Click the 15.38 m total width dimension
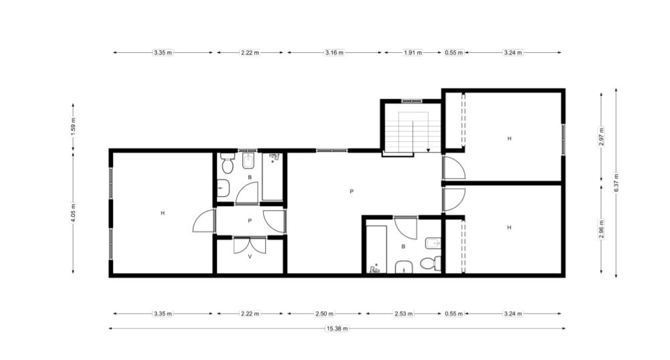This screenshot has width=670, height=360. pos(337,329)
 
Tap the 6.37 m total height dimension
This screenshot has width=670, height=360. pos(616,183)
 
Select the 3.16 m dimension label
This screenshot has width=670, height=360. pos(334,52)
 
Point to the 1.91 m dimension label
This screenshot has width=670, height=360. pos(413,52)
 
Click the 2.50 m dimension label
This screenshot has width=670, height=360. pos(325,313)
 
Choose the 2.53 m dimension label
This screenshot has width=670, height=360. pos(404,313)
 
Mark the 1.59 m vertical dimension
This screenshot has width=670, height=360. pos(73,127)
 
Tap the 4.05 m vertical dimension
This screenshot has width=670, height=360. pos(73,212)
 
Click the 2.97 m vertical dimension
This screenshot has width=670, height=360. pos(602,137)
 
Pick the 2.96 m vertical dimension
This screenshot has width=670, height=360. pos(602,230)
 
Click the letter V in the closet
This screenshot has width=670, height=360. pos(250,257)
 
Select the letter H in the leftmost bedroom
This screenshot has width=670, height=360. pos(163,213)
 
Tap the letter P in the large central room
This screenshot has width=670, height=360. pos(351,192)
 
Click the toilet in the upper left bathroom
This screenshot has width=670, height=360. pos(228,163)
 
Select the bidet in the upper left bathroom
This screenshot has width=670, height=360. pos(249,161)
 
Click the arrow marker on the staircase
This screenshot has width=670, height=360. pos(428,151)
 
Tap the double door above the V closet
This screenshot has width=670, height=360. pos(250,245)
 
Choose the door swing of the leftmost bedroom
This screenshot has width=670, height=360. pos(203,221)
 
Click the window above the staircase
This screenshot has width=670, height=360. pos(412,101)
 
